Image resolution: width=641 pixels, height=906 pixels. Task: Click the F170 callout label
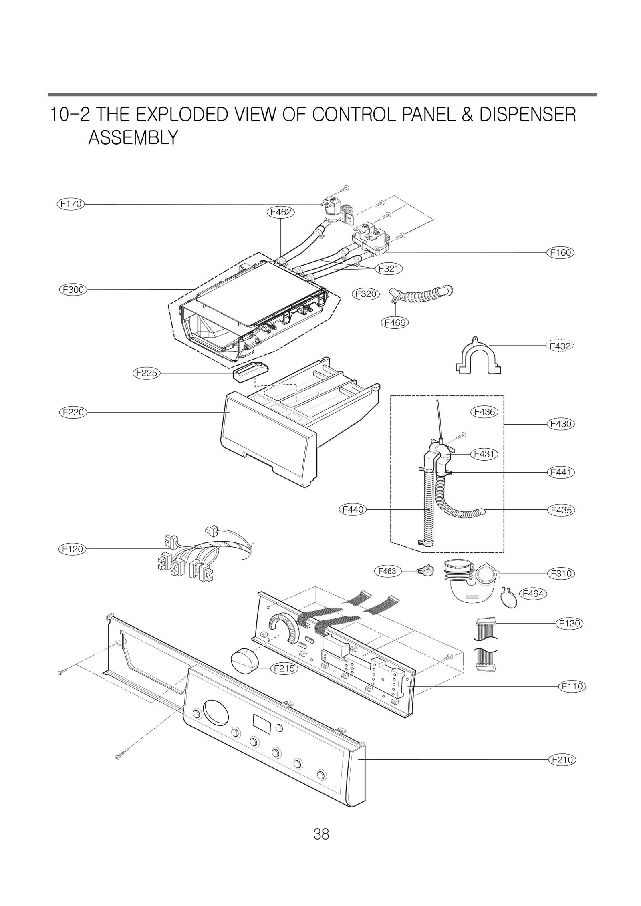pyautogui.click(x=71, y=204)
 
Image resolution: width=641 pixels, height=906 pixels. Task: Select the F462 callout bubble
pyautogui.click(x=280, y=212)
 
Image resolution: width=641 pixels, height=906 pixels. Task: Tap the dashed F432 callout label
pyautogui.click(x=560, y=345)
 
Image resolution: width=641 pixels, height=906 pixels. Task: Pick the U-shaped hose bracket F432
pyautogui.click(x=478, y=356)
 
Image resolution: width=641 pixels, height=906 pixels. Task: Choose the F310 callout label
pyautogui.click(x=561, y=573)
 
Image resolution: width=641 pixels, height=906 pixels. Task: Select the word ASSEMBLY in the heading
pyautogui.click(x=133, y=138)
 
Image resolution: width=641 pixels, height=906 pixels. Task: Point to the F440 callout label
pyautogui.click(x=353, y=509)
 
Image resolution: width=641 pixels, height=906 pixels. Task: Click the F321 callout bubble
pyautogui.click(x=388, y=268)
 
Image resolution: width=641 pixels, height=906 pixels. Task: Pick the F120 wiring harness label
pyautogui.click(x=73, y=549)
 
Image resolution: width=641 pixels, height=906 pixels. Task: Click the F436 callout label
pyautogui.click(x=484, y=411)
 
